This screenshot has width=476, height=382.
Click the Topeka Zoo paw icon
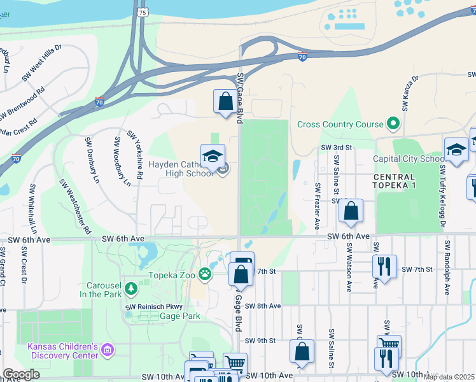(205, 274)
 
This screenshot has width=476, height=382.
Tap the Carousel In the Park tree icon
(131, 289)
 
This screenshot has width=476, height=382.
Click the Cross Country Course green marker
(394, 124)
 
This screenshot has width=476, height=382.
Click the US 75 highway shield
(143, 11)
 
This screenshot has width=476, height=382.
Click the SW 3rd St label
(337, 147)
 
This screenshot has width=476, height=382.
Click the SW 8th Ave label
(263, 306)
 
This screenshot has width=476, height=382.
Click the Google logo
(22, 374)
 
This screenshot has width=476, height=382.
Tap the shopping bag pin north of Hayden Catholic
(225, 101)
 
